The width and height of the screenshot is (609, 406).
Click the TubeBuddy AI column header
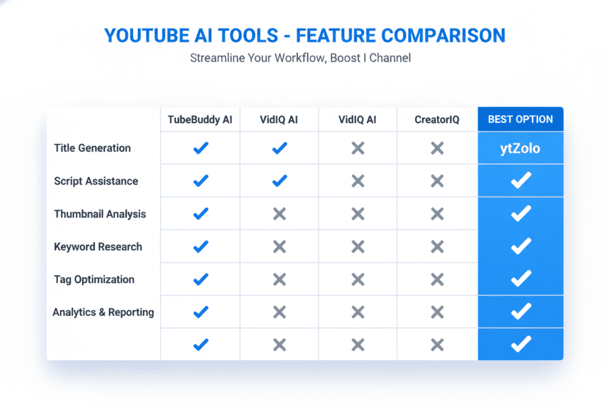200,119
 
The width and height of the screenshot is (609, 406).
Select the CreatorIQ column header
437,119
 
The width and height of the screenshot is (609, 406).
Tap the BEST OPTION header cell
520,119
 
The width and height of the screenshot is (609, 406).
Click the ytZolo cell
520,148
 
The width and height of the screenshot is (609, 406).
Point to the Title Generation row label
92,148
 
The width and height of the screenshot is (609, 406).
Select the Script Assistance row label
96,181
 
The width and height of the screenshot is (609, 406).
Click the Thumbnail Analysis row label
100,213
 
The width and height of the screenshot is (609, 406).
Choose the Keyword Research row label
98,246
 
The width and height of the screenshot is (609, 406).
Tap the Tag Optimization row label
94,279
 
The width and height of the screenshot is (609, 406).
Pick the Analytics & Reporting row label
103,312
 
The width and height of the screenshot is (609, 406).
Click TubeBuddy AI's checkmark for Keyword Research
201,246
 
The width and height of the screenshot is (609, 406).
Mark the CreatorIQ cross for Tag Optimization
437,279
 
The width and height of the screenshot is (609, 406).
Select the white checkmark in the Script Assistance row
521,181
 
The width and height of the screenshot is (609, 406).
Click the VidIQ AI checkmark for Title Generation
279,148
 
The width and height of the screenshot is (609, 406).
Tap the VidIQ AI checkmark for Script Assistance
279,181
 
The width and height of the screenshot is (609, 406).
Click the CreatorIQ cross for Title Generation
437,148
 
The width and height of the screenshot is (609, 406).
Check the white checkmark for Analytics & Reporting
521,311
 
